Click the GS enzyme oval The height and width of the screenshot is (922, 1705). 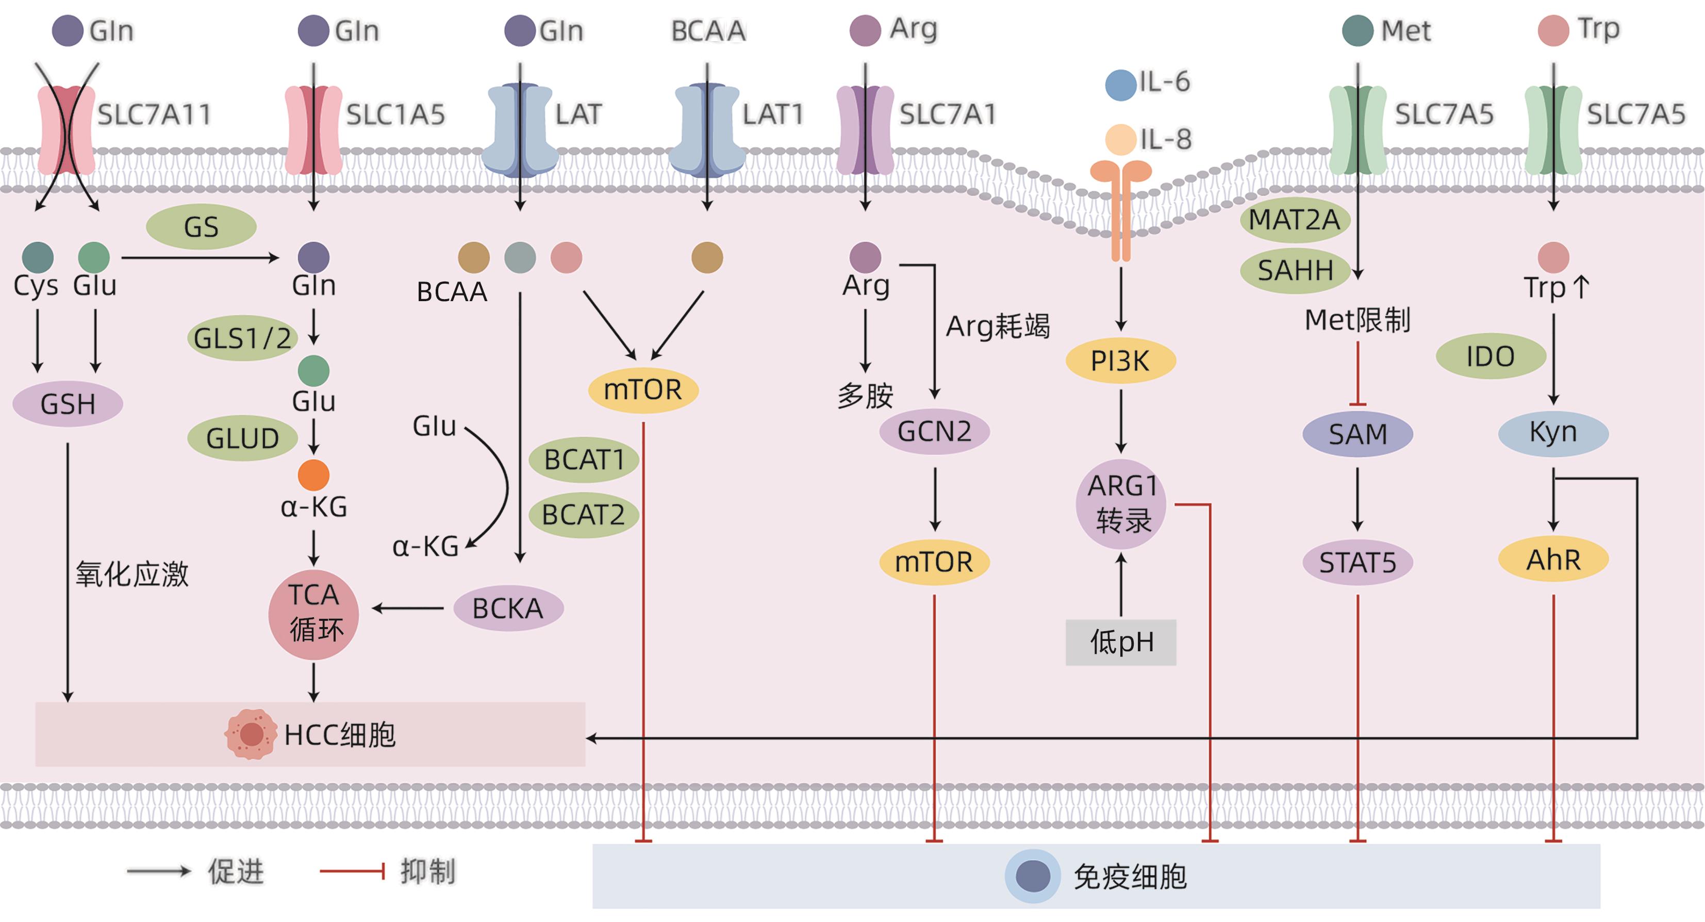coord(201,227)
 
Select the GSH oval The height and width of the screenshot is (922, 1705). coord(68,404)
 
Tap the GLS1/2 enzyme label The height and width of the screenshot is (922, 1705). coord(242,338)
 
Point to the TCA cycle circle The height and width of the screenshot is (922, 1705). coord(314,614)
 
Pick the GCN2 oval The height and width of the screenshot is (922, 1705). coord(934,432)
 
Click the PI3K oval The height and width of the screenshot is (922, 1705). coord(1120,361)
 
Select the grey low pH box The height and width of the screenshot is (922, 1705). coord(1120,642)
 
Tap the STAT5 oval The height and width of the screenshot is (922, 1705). coord(1358,563)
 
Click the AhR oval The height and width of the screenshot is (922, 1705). coord(1553,560)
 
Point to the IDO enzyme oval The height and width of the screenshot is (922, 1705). coord(1490,357)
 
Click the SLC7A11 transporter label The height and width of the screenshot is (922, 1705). coord(154,114)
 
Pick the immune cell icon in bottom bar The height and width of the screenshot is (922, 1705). coord(1033,876)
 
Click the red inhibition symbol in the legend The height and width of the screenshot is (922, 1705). coord(352,871)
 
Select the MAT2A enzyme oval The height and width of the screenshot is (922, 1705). coord(1294,220)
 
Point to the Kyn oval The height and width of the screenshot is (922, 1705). coord(1553,433)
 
